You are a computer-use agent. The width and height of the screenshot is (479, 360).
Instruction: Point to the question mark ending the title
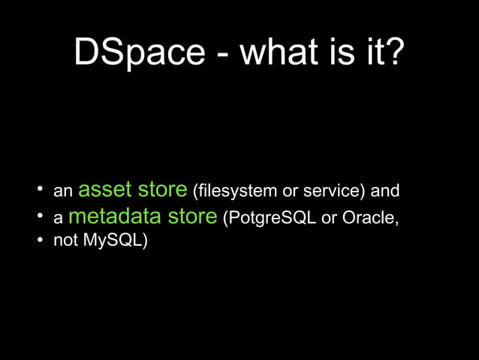(x=394, y=52)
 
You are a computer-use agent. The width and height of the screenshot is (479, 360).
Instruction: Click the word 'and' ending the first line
(x=385, y=191)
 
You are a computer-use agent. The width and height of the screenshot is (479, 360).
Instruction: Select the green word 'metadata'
(x=115, y=217)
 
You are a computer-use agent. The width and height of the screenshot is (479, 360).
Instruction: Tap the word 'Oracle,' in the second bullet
(x=369, y=219)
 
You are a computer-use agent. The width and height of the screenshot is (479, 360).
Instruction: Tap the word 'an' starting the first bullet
(x=62, y=192)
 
